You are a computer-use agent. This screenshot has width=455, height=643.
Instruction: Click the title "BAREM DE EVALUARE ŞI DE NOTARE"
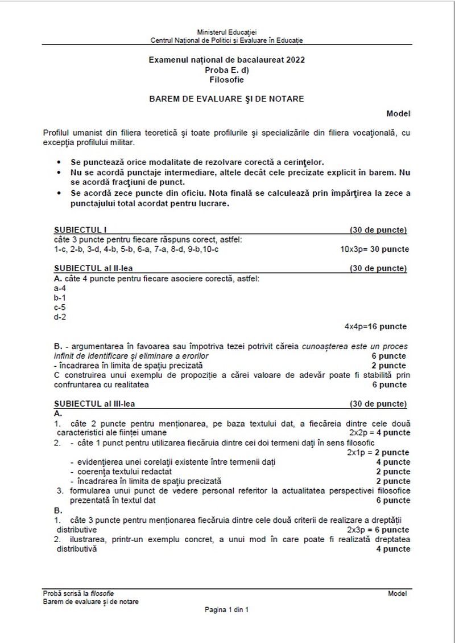click(x=226, y=99)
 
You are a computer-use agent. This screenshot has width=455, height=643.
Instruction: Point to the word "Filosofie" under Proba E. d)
click(x=226, y=80)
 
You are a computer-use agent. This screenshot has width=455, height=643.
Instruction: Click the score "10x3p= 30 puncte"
click(x=374, y=249)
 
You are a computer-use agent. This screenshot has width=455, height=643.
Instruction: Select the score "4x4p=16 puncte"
click(x=375, y=326)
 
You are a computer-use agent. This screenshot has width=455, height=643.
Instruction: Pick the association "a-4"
click(x=60, y=288)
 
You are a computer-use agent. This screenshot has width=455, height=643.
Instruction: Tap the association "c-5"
click(x=60, y=307)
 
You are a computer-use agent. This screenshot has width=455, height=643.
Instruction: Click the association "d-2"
click(x=60, y=317)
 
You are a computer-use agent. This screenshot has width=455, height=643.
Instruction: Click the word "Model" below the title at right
click(x=398, y=114)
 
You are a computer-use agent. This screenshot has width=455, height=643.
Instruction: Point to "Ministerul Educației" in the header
click(x=226, y=34)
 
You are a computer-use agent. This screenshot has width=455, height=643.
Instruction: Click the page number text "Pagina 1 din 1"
click(x=227, y=609)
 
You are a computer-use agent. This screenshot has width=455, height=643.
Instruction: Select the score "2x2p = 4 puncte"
click(x=379, y=433)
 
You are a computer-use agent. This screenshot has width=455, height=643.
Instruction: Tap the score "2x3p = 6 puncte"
click(x=379, y=529)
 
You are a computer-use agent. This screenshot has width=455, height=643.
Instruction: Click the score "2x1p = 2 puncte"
click(x=378, y=452)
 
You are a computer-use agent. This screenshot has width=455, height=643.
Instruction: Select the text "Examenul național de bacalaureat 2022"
click(x=226, y=59)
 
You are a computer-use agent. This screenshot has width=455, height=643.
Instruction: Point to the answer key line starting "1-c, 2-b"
click(x=136, y=249)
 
